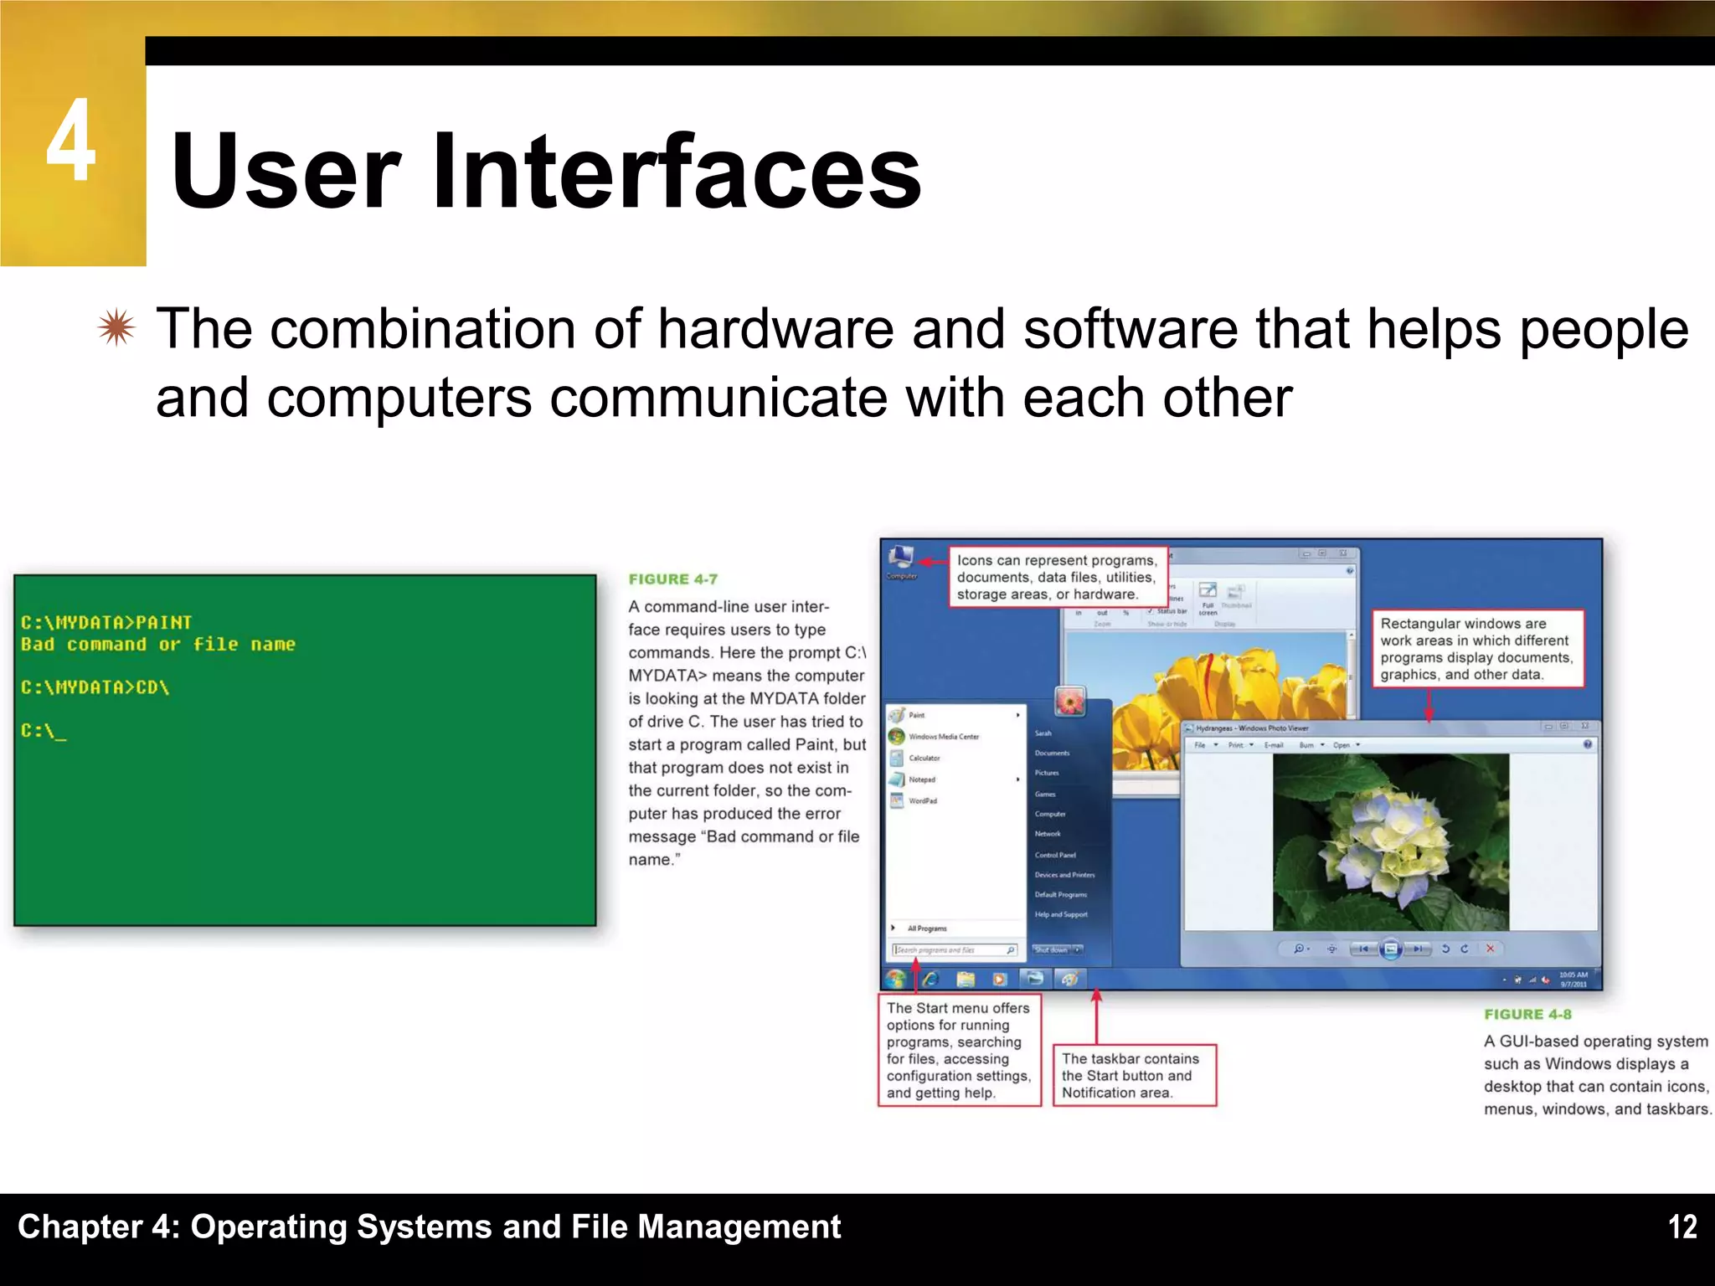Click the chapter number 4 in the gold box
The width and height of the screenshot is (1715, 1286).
pos(71,141)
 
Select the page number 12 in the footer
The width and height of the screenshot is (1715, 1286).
pos(1682,1227)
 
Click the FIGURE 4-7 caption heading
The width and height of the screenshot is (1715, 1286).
pos(672,579)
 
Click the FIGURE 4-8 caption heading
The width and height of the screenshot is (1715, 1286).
pos(1527,1015)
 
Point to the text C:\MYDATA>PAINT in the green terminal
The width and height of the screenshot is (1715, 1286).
pos(106,623)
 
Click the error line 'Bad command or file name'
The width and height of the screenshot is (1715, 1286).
pos(157,645)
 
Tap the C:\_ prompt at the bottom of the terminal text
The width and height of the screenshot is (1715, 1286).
pos(43,731)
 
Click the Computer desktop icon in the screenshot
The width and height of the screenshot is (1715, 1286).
pos(902,559)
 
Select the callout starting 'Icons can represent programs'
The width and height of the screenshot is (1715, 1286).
pos(1057,578)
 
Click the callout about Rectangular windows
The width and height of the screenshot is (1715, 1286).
pos(1477,649)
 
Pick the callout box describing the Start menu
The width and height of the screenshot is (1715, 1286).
pos(958,1050)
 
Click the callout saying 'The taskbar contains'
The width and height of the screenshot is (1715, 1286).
pos(1133,1075)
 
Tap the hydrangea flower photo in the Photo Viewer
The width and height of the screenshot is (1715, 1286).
pos(1390,841)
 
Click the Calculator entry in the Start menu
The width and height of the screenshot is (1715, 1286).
pos(924,759)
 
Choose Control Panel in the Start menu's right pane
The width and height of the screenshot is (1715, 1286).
pos(1054,855)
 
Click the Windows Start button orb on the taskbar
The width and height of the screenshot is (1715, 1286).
pos(896,978)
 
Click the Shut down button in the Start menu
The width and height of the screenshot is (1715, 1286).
pos(1051,950)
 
